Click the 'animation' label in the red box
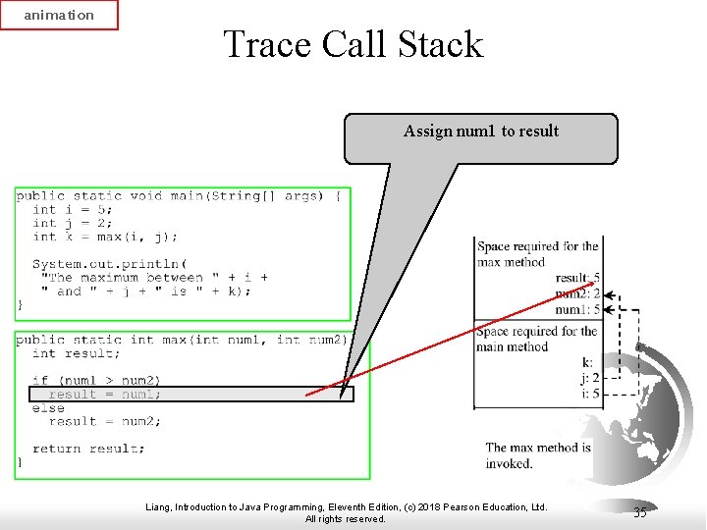coord(59,15)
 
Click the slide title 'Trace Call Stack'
coord(353,44)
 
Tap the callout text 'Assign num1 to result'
coord(480,132)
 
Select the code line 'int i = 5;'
coord(73,209)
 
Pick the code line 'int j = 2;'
coord(73,223)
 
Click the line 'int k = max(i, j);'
coord(105,237)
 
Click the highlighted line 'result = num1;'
coord(105,395)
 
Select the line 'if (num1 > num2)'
coord(96,380)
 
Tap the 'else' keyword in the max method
coord(48,408)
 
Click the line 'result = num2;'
coord(105,422)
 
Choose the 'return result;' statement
coord(88,449)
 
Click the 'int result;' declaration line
coord(77,353)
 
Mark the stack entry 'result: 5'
coord(577,279)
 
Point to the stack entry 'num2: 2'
coord(577,293)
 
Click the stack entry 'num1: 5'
coord(577,309)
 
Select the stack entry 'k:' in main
coord(587,363)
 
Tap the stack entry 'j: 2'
coord(589,378)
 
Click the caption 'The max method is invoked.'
coord(538,455)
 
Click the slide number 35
coord(640,512)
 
